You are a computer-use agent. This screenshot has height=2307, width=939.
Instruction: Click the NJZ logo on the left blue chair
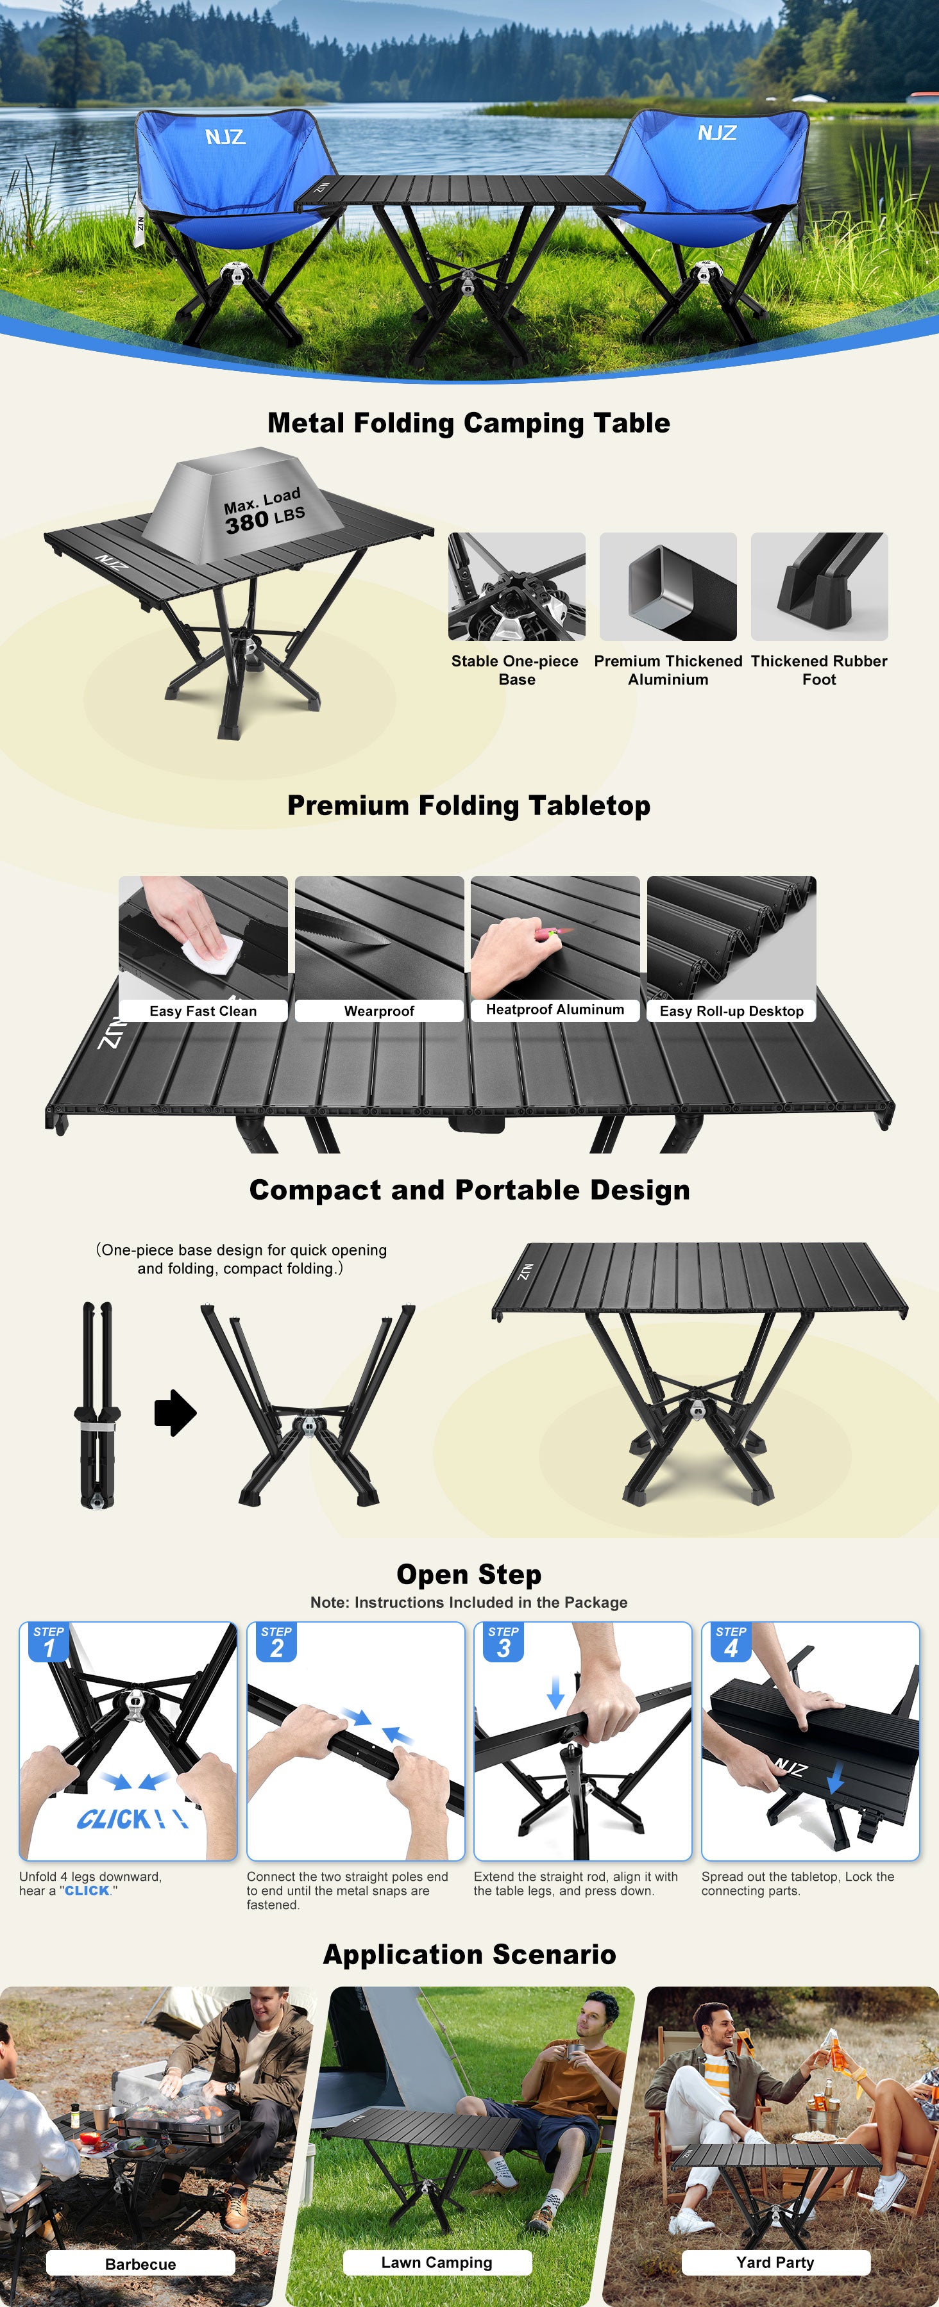point(225,137)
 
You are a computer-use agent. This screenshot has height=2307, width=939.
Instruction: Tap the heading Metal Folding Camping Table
point(469,423)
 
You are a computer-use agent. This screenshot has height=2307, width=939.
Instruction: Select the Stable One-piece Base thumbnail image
point(517,586)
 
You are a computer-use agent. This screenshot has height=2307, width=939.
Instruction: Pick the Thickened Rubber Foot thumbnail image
point(819,586)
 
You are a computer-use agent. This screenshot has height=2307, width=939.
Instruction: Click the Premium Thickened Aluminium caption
point(668,670)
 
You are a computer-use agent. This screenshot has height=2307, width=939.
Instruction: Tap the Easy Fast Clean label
point(203,1011)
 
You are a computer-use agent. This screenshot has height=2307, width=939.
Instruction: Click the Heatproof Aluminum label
point(555,1009)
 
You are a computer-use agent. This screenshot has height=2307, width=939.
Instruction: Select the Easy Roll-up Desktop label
point(731,1011)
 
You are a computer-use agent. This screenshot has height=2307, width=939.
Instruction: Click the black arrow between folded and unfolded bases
point(176,1413)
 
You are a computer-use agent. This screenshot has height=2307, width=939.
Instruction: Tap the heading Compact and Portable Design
point(469,1189)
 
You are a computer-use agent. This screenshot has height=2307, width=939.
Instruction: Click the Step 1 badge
point(49,1642)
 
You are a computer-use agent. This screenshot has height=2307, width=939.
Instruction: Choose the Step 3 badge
point(503,1642)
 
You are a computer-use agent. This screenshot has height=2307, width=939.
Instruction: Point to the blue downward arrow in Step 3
point(555,1692)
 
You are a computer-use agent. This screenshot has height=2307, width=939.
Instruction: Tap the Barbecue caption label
point(140,2264)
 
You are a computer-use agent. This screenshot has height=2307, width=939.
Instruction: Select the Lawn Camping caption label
point(437,2262)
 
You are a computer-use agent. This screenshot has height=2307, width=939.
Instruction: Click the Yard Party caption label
point(776,2262)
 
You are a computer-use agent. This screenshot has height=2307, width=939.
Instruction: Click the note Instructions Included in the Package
point(469,1602)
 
